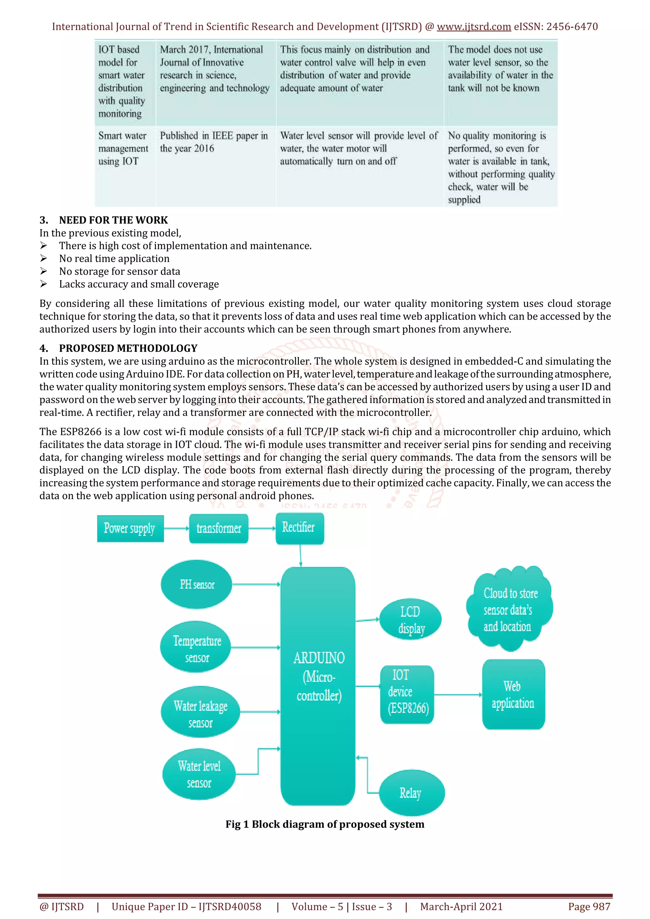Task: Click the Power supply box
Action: point(130,528)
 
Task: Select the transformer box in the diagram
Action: point(219,528)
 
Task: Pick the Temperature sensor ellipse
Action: point(196,647)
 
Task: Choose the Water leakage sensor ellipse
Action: point(200,712)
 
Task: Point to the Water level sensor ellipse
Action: point(199,774)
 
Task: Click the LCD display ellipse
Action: point(410,620)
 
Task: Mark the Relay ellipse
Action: point(411,792)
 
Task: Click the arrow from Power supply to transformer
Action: point(176,528)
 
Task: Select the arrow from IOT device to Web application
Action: point(458,695)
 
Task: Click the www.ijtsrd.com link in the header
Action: point(474,27)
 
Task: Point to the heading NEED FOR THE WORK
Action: point(113,220)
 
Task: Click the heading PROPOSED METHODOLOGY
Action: point(128,348)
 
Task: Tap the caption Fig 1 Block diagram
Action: point(325,824)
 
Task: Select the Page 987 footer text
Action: point(589,907)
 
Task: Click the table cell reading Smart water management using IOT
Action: point(123,148)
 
